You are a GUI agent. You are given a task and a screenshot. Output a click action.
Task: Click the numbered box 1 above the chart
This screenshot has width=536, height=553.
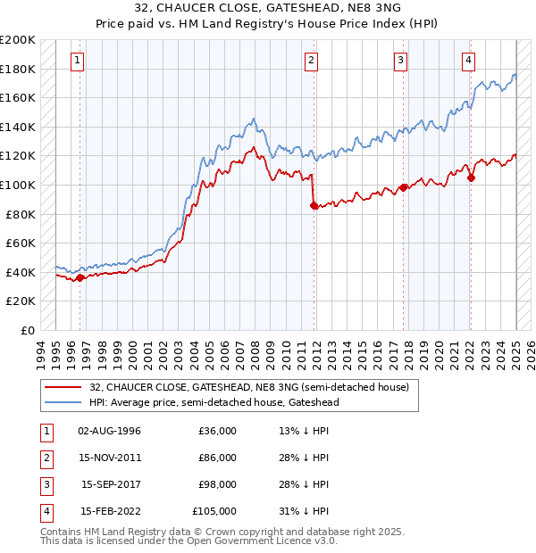click(79, 61)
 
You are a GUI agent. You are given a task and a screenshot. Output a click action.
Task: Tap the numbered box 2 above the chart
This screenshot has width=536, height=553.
click(311, 61)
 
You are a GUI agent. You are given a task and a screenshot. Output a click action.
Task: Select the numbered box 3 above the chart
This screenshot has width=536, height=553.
click(401, 61)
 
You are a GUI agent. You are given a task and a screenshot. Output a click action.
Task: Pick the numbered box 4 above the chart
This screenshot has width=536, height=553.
click(468, 61)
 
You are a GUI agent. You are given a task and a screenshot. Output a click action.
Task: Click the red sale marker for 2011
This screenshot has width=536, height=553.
click(314, 205)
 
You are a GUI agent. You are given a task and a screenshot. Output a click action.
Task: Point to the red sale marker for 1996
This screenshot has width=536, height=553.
click(80, 277)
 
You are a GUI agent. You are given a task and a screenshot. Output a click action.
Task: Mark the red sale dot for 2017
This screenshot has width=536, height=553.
click(404, 187)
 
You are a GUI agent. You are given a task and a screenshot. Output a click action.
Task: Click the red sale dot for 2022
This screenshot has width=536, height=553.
click(471, 177)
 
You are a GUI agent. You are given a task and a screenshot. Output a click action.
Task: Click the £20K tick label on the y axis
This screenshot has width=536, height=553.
click(21, 301)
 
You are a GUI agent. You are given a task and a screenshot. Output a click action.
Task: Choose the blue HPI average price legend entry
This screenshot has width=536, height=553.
click(214, 402)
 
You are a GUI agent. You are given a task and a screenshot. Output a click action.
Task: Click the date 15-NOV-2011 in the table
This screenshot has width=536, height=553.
click(109, 458)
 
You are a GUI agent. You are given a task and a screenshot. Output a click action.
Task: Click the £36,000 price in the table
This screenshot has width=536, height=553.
click(217, 431)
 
